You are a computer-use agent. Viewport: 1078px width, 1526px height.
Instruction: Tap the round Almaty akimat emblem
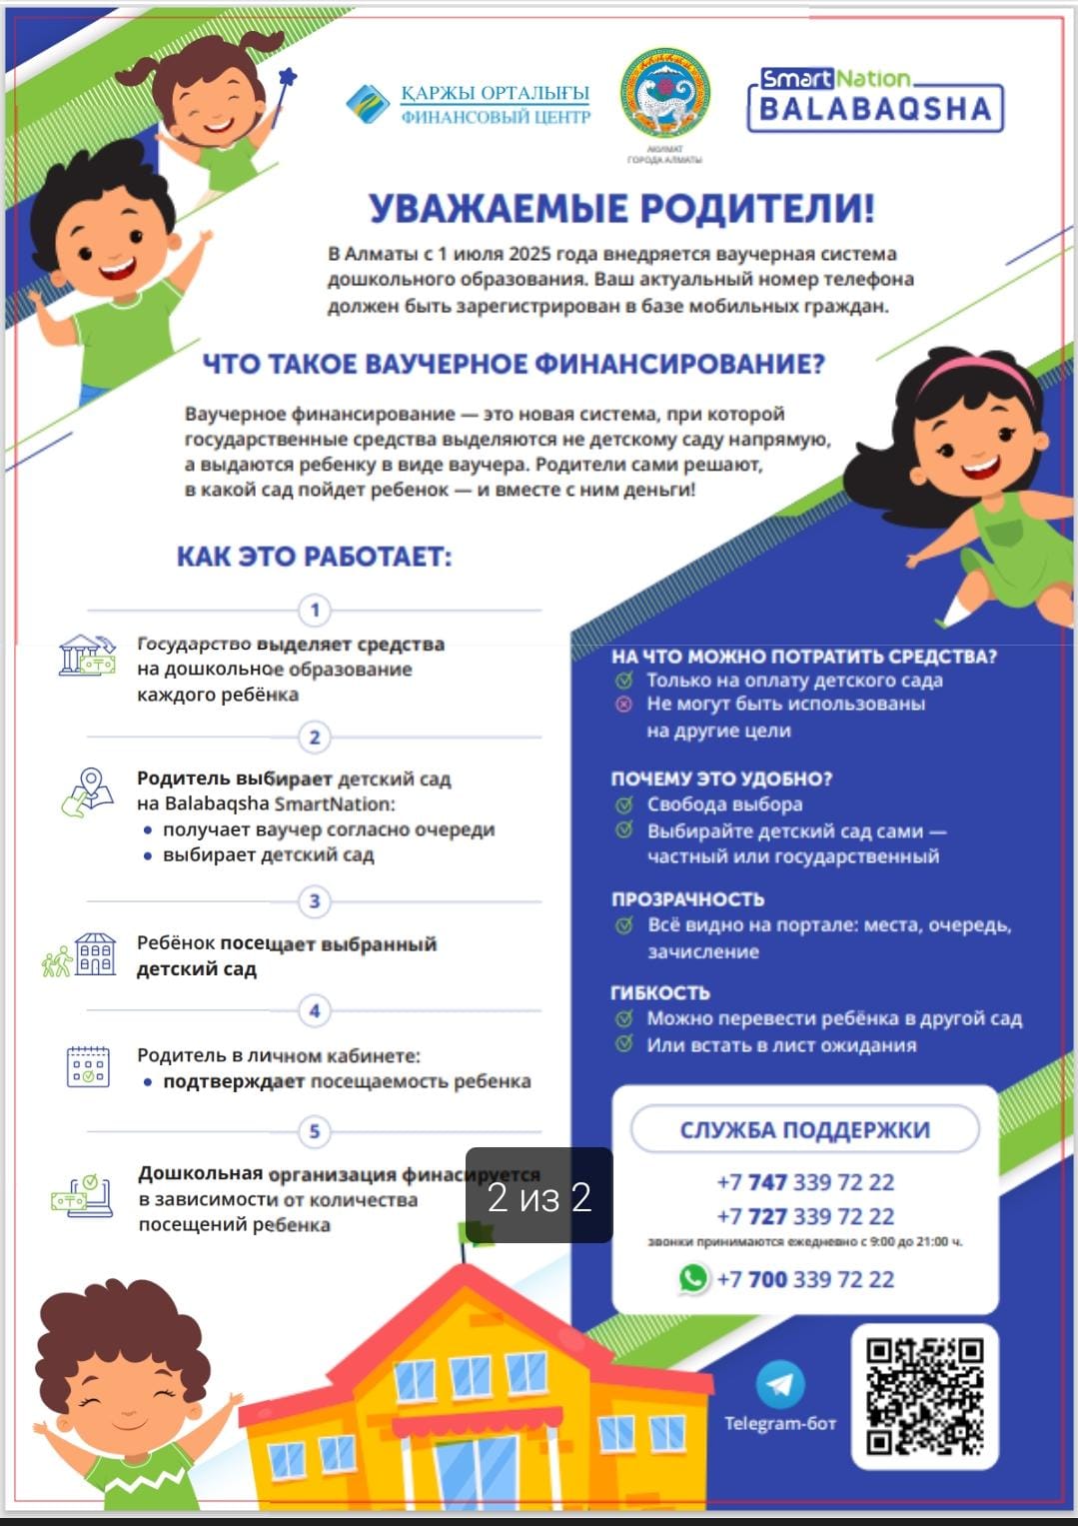coord(664,94)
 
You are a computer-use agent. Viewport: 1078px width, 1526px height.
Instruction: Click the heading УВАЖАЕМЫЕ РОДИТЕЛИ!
coord(621,209)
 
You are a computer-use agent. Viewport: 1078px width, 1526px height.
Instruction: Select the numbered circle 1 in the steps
coord(315,610)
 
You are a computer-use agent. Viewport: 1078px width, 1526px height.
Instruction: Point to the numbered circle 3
coord(315,901)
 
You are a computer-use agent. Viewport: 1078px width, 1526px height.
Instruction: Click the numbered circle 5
coord(315,1131)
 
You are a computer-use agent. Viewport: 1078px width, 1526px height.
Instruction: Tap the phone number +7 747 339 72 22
coord(805,1182)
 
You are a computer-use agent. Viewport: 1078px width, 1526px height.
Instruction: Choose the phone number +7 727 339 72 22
coord(805,1216)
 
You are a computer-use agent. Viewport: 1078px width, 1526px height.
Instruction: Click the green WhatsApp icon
coord(692,1278)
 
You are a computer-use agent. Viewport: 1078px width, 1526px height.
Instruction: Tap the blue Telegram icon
coord(780,1384)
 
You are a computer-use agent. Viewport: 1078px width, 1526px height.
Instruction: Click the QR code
coord(924,1396)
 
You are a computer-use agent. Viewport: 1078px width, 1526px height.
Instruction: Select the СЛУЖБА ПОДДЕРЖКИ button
coord(804,1130)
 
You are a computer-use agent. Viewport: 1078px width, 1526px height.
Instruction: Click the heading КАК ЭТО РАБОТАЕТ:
coord(314,557)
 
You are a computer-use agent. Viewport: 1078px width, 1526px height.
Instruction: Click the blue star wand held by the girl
coord(288,78)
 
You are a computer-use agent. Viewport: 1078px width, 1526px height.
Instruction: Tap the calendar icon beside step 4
coord(87,1067)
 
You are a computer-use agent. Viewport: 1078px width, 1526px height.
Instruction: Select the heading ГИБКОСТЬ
coord(660,992)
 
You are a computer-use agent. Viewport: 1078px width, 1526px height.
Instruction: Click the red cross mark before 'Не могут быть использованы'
coord(624,705)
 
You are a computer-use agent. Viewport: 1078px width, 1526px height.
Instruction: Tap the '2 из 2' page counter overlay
coord(539,1196)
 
